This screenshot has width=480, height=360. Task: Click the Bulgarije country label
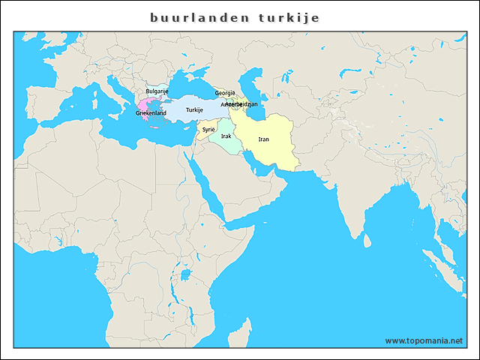pyautogui.click(x=157, y=91)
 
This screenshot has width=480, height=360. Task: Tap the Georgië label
pyautogui.click(x=225, y=93)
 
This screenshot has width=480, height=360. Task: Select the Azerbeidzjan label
pyautogui.click(x=244, y=104)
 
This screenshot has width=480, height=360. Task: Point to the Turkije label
pyautogui.click(x=195, y=110)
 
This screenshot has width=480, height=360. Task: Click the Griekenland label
pyautogui.click(x=151, y=113)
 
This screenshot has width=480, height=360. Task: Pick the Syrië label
pyautogui.click(x=208, y=130)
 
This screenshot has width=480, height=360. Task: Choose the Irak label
pyautogui.click(x=226, y=136)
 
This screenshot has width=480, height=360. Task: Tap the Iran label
pyautogui.click(x=263, y=139)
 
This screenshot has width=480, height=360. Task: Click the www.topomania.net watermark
pyautogui.click(x=424, y=340)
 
